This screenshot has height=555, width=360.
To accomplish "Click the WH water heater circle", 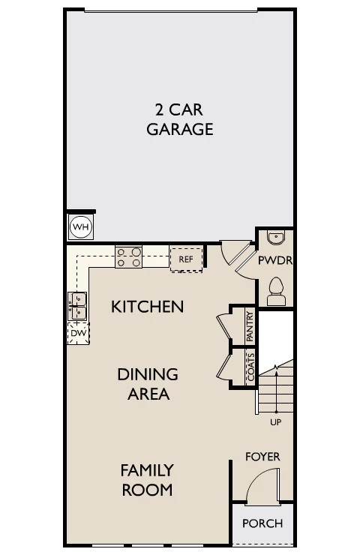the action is [81, 226].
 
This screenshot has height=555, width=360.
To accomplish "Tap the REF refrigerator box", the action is [186, 259].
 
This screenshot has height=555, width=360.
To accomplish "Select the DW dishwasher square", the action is [78, 333].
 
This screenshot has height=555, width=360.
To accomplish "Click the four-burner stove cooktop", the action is [128, 257].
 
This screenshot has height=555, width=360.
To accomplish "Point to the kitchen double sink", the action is [77, 306].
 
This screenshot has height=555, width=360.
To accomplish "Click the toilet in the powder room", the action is [276, 291].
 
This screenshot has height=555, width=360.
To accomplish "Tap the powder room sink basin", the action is [276, 238].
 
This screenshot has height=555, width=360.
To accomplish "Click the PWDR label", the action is [275, 260].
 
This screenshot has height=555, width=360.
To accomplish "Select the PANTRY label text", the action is [250, 326].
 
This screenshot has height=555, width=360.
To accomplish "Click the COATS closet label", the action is [250, 367].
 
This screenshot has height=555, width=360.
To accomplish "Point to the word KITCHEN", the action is [148, 307].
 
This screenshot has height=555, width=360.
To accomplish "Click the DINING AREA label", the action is [148, 384].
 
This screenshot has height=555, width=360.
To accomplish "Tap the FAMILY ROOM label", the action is [147, 480].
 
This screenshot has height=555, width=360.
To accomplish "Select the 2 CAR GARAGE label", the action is [180, 120].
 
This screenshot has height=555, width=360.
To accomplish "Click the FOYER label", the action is [262, 457].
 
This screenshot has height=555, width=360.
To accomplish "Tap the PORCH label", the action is [262, 523].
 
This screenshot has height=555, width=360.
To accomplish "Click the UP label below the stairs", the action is [276, 422].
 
